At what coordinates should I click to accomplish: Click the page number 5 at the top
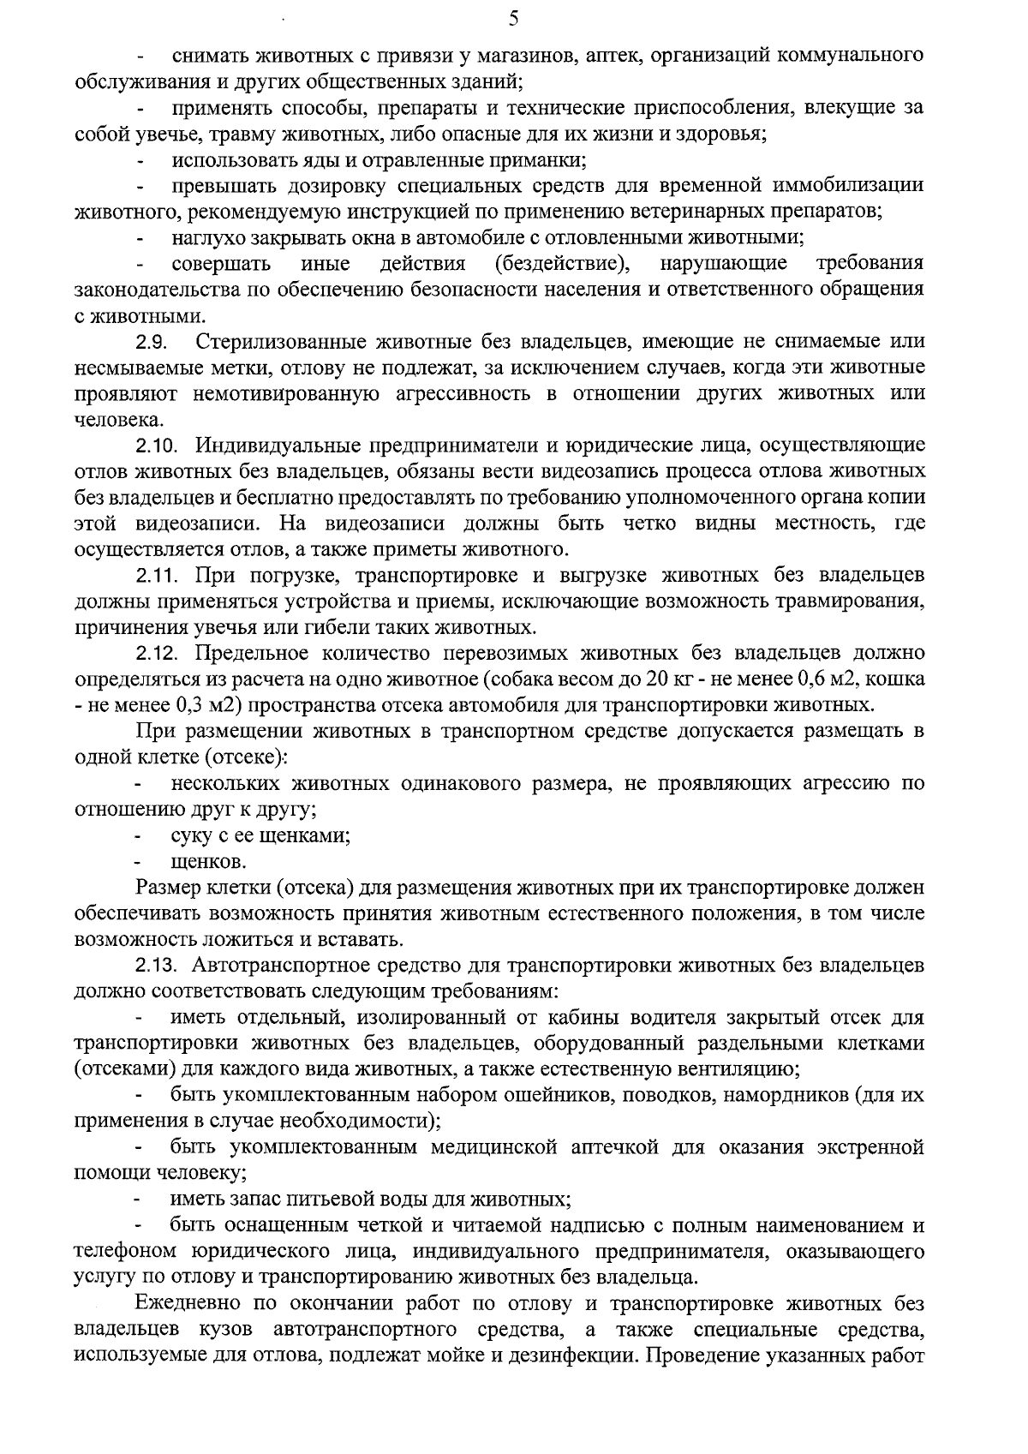[513, 18]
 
